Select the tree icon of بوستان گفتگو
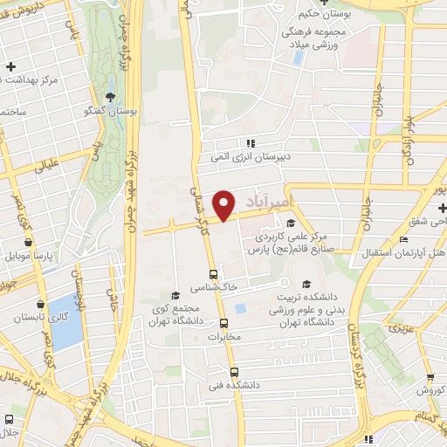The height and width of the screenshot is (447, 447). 110,97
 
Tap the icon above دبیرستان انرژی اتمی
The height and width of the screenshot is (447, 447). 250,142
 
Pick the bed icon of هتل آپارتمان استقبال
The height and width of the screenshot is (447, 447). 402,240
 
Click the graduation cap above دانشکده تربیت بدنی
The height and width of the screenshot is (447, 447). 306,284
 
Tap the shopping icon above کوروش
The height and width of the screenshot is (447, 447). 430,377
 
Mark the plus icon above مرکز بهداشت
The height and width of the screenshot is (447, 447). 10,66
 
